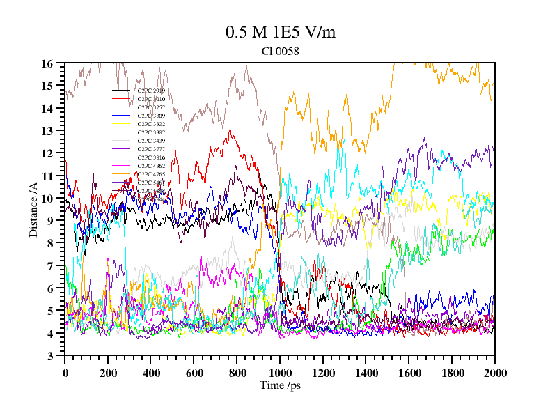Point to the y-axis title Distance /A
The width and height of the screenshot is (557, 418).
coord(33,209)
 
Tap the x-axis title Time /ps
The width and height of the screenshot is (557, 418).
coord(279,385)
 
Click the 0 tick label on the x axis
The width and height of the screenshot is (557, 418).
coord(65,373)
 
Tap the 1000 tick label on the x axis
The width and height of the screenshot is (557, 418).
coord(280,373)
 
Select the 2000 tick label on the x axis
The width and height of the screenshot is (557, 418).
coord(494,373)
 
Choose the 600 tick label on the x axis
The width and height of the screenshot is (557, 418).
coord(194,373)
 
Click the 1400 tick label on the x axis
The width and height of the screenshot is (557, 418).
coord(366,373)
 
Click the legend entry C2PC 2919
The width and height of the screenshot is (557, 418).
coord(151,91)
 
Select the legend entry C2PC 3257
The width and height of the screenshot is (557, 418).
coord(151,107)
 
